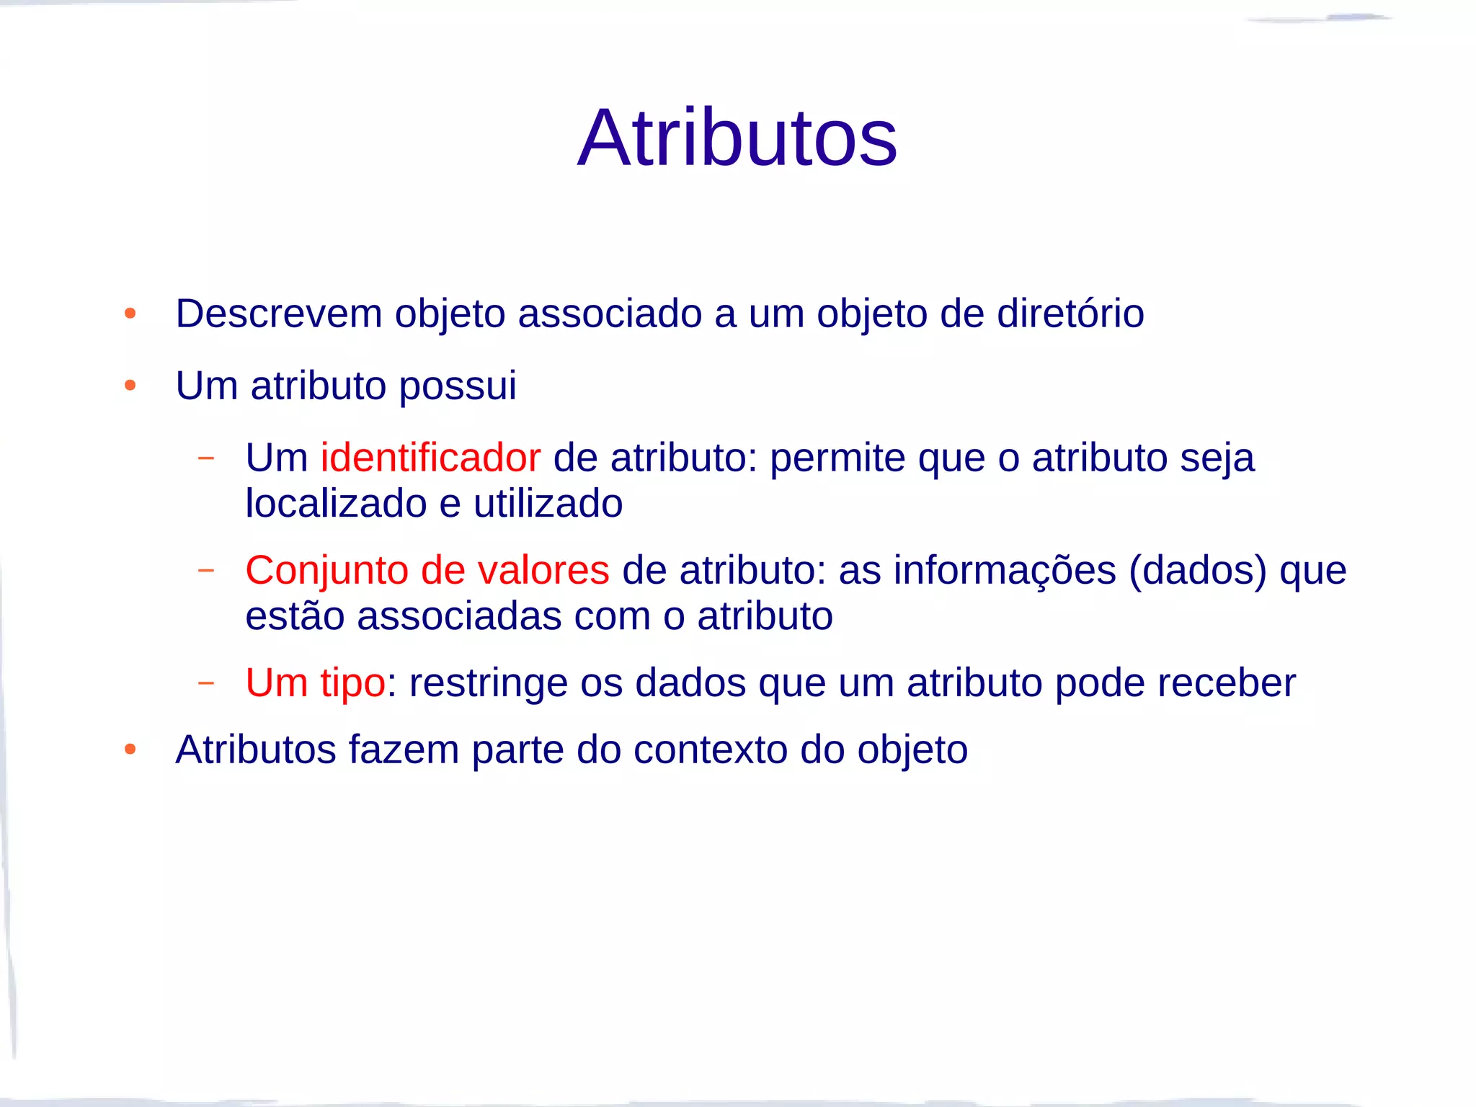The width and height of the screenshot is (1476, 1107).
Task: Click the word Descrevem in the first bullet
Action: (279, 314)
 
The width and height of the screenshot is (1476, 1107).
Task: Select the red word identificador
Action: (430, 458)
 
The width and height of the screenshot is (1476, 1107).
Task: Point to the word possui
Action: (457, 386)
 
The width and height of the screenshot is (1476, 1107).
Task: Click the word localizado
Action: (336, 503)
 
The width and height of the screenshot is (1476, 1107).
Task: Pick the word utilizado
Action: (548, 503)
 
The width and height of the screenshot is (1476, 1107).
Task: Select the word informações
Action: (1005, 571)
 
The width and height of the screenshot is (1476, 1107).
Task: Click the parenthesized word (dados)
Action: (1197, 571)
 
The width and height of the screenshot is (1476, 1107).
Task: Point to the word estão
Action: (294, 616)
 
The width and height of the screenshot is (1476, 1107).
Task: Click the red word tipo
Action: (352, 683)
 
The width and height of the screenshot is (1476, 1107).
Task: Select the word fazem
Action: (404, 750)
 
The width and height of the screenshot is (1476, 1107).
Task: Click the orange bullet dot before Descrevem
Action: (130, 314)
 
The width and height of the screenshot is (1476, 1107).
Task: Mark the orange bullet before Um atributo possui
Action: (130, 386)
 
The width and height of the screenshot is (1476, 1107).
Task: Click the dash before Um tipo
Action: (206, 682)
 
